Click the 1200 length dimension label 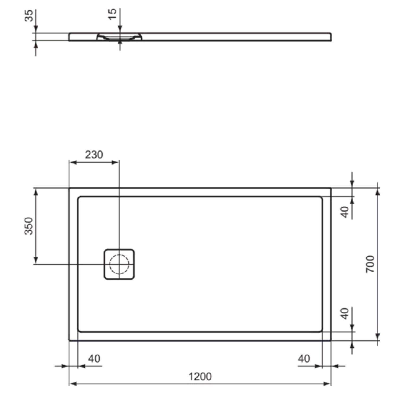point(200,376)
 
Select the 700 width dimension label point(370,264)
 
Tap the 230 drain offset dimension point(94,155)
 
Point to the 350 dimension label point(29,226)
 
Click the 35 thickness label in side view point(29,16)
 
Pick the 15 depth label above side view point(113,14)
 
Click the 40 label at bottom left point(94,359)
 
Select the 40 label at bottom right point(304,359)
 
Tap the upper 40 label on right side point(345,212)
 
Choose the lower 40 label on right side point(345,313)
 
